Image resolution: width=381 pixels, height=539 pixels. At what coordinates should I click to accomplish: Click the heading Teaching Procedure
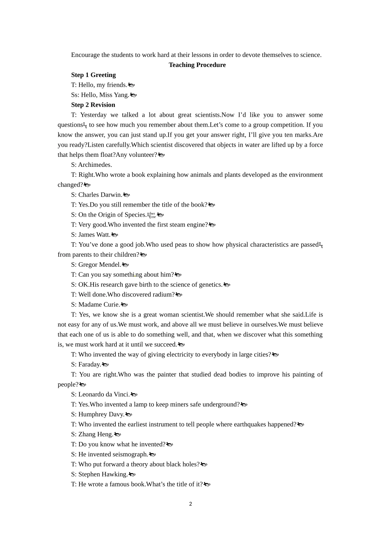(197, 65)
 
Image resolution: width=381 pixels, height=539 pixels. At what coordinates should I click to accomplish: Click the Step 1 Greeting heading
(93, 75)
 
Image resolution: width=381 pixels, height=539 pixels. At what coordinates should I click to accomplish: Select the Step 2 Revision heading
(93, 105)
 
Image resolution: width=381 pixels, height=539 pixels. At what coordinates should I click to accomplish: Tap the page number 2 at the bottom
(190, 504)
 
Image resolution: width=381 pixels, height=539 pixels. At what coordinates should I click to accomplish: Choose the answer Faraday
(89, 365)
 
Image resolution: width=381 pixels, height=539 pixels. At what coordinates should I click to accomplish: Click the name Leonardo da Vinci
(104, 394)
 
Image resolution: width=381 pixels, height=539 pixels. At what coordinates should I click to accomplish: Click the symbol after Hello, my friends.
(131, 85)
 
